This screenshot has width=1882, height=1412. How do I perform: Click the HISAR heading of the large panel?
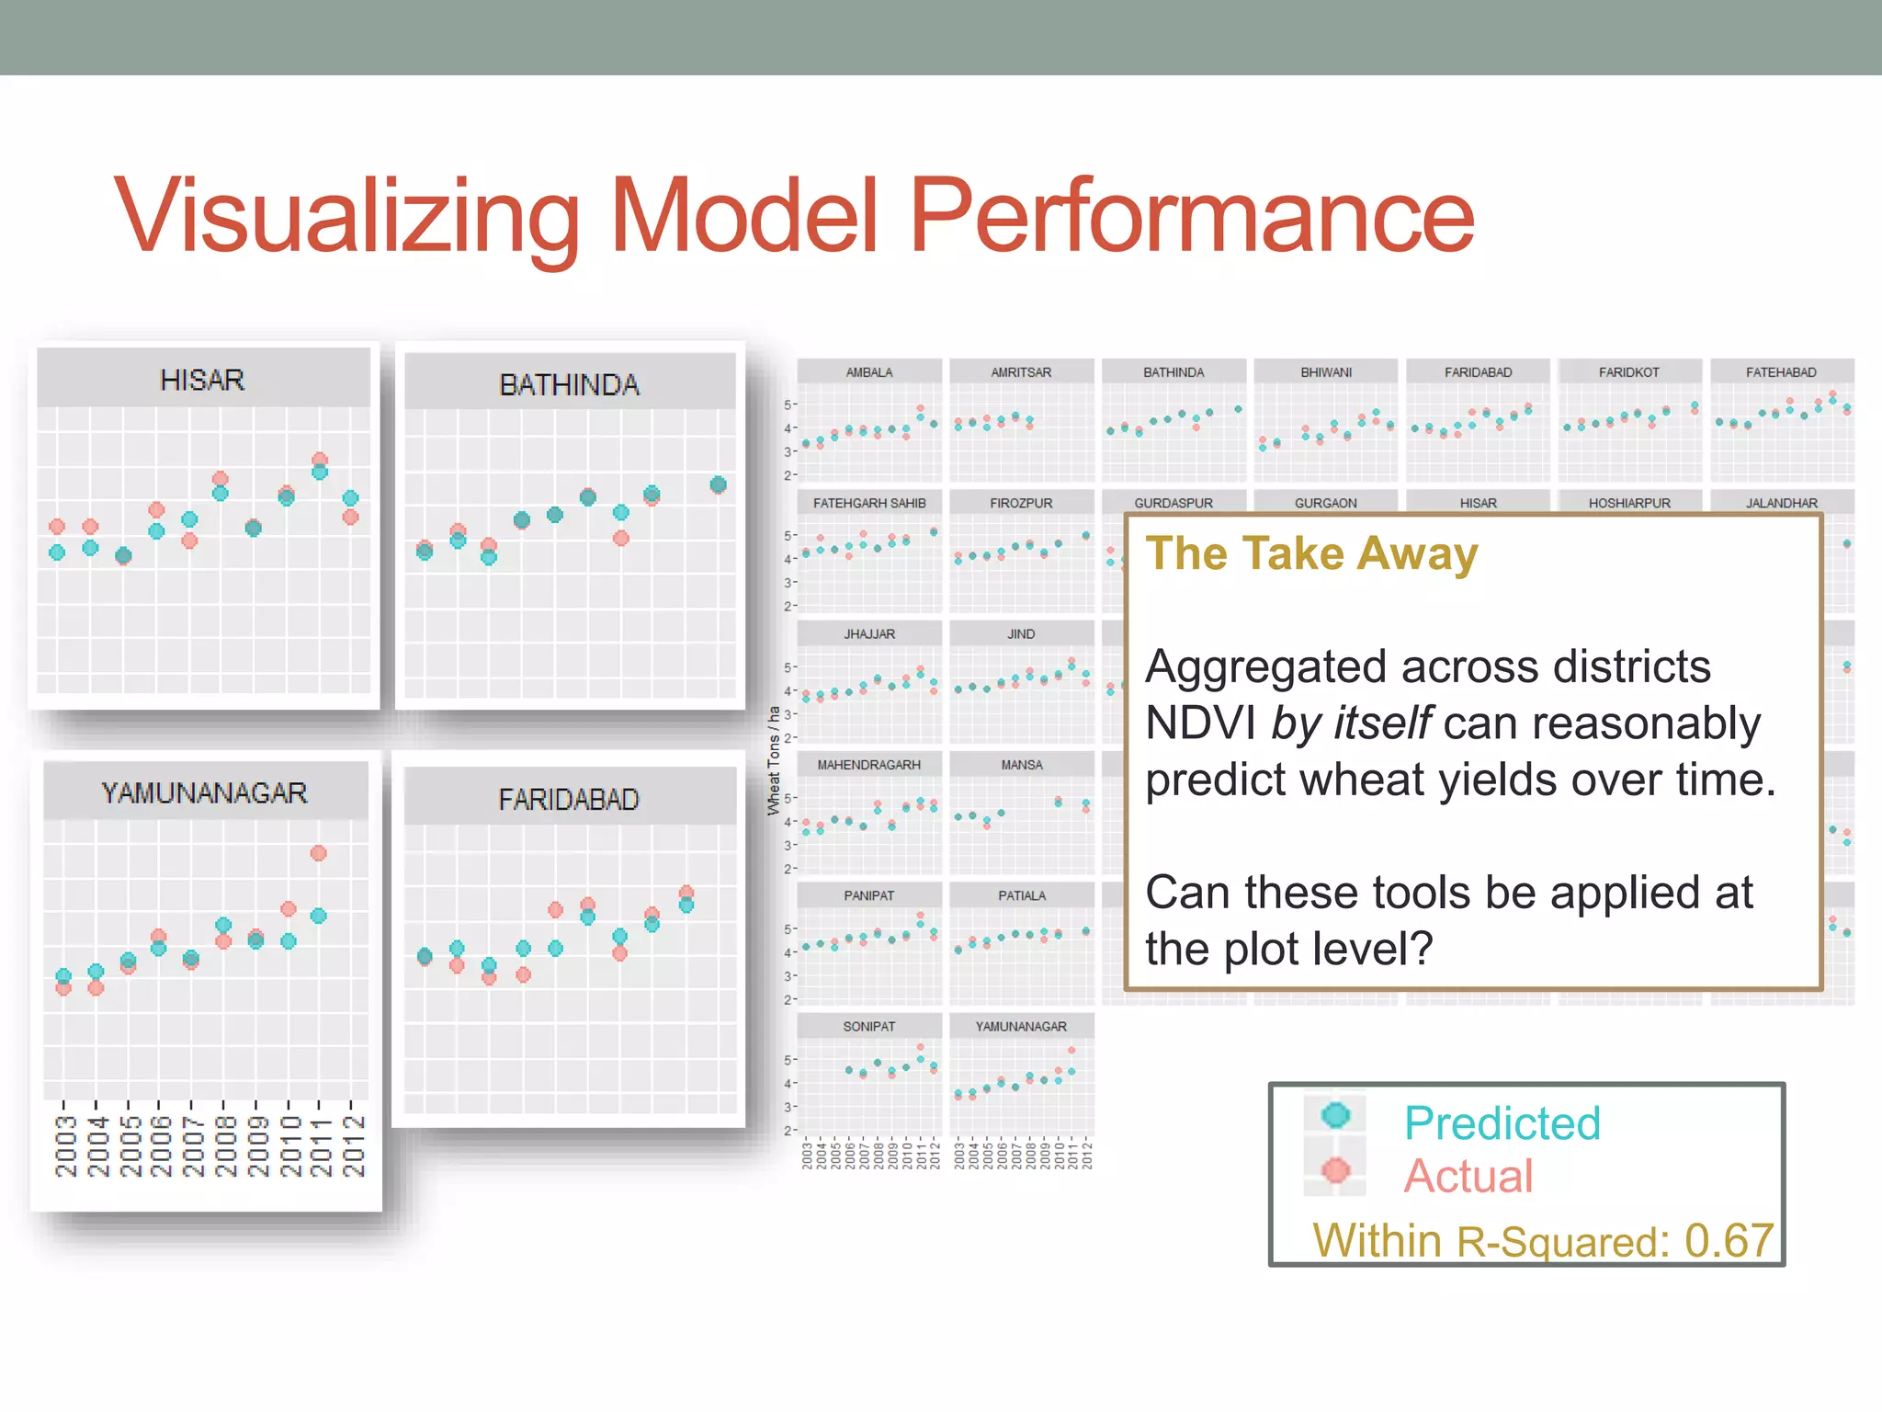tap(202, 380)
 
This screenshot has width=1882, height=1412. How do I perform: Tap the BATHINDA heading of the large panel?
tap(569, 384)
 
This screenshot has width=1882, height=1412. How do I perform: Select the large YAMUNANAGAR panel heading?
tap(204, 792)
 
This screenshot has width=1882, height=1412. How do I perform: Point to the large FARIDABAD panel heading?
tap(569, 799)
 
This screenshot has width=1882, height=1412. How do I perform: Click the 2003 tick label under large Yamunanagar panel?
tap(64, 1145)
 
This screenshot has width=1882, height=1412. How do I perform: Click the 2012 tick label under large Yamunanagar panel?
tap(353, 1145)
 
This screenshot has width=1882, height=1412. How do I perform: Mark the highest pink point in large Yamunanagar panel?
tap(318, 853)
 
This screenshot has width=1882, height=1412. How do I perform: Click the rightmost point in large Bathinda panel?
tap(719, 484)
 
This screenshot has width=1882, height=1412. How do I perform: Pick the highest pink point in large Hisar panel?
tap(319, 460)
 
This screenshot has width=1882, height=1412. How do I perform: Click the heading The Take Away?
tap(1311, 553)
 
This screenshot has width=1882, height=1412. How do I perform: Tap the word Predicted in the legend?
tap(1502, 1122)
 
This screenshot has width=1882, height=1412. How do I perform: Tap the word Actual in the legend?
tap(1468, 1176)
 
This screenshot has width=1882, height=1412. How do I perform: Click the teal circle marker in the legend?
tap(1335, 1115)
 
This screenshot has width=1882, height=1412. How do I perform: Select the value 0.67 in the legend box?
tap(1728, 1240)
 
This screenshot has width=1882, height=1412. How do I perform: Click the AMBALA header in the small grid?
tap(868, 372)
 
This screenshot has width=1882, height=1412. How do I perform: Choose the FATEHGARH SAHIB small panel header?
tap(868, 503)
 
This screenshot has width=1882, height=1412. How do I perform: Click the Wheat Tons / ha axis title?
tap(774, 760)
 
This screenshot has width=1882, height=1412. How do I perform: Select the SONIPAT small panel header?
tap(868, 1026)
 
